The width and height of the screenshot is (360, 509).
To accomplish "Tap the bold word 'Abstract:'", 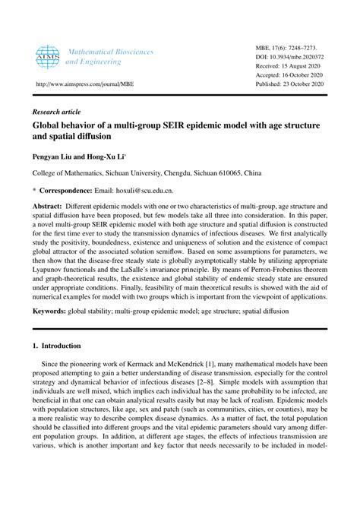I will [50, 206].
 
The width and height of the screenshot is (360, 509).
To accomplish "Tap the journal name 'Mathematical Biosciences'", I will [111, 51].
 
